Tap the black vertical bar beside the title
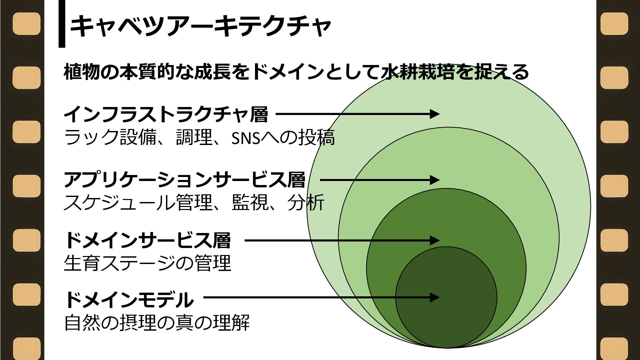62,23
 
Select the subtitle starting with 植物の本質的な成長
296,72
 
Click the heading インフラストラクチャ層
166,114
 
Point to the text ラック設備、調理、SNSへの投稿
199,137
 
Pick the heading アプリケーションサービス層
184,180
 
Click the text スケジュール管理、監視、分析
194,202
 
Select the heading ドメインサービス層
147,240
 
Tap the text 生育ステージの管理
147,263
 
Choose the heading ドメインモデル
129,299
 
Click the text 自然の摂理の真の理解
157,322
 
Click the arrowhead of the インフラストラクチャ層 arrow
435,114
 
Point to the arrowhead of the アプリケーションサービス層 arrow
435,180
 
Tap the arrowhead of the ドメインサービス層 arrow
435,240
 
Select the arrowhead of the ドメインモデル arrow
435,297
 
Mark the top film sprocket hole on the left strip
27,24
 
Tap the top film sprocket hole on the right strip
614,24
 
